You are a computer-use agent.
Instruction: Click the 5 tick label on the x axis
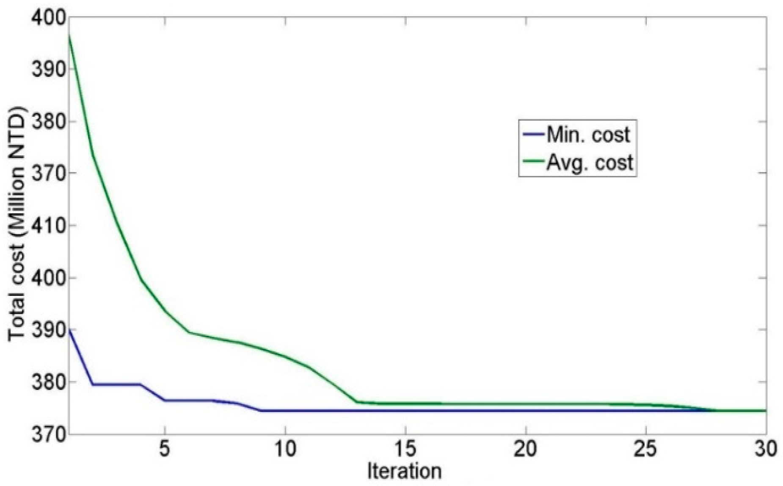[x=165, y=449]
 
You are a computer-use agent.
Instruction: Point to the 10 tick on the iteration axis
[x=285, y=449]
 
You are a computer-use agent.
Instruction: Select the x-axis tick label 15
[x=405, y=449]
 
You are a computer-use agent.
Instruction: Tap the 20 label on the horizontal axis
[x=526, y=449]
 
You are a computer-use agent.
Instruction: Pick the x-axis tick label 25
[x=646, y=449]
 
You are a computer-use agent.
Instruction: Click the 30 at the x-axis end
[x=765, y=449]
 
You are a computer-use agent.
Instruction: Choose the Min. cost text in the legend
[x=588, y=135]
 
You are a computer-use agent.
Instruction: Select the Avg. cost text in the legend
[x=590, y=162]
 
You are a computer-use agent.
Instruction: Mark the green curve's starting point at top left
[x=69, y=35]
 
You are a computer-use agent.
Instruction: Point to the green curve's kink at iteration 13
[x=357, y=402]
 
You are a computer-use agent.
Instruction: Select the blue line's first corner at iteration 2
[x=93, y=384]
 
